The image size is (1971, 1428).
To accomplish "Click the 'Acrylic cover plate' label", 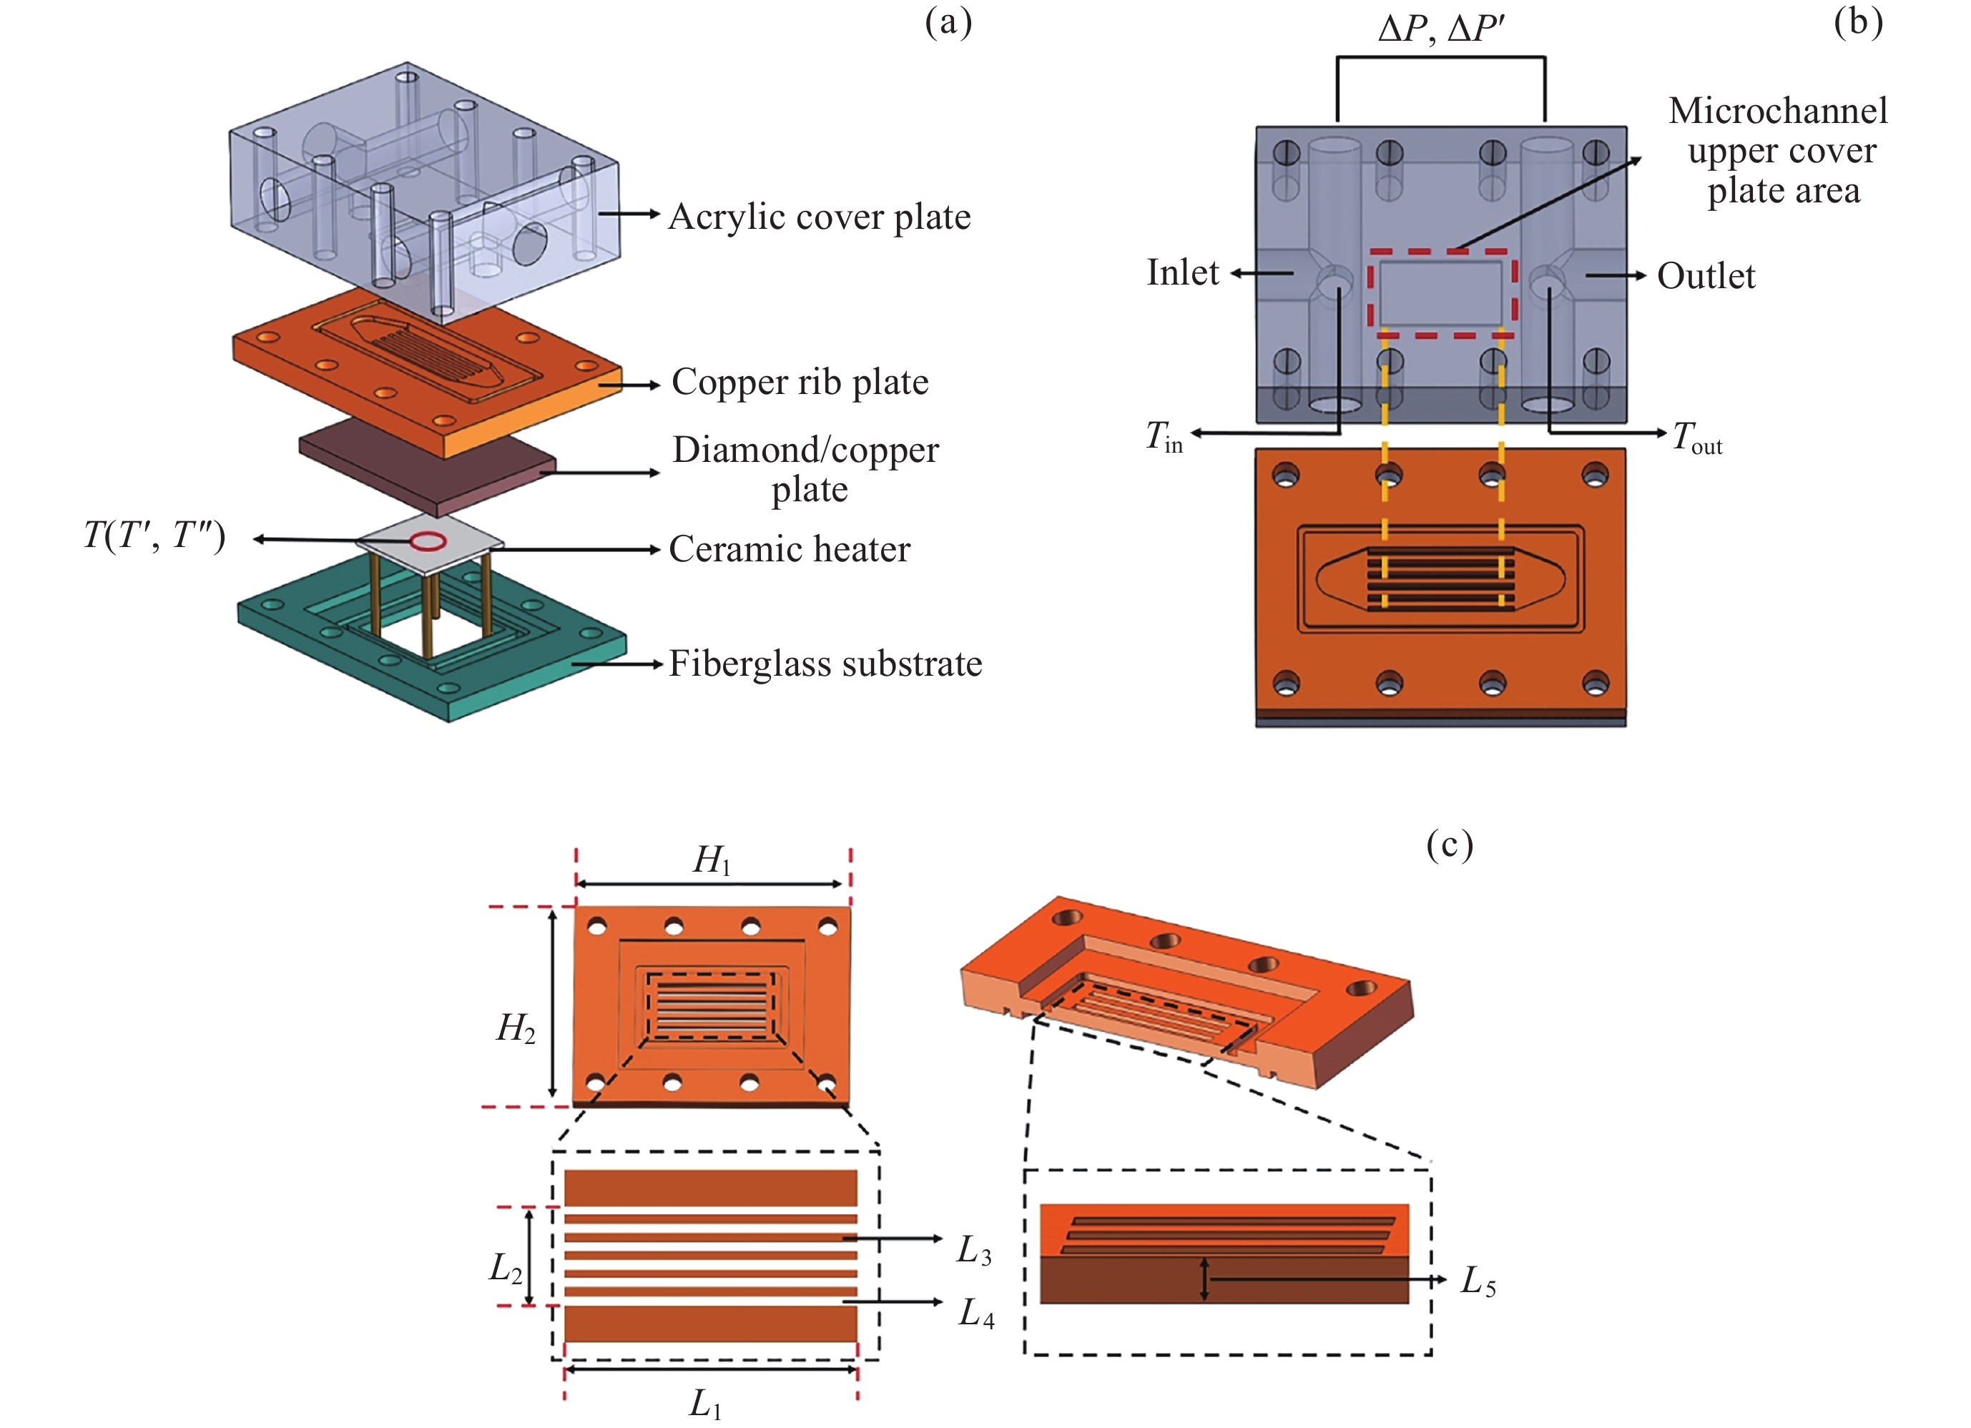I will [819, 217].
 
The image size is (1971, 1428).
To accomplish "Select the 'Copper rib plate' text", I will [800, 382].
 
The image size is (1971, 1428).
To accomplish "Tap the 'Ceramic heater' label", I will [789, 548].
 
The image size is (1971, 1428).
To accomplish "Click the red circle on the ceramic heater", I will [428, 542].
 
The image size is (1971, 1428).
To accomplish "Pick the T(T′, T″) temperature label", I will [154, 536].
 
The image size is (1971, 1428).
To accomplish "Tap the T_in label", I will [1164, 435].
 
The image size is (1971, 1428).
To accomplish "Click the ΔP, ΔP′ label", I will [1440, 29].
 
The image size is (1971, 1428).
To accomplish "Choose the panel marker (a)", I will [948, 23].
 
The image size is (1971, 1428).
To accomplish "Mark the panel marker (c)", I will [1450, 844].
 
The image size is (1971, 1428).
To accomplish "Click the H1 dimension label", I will [712, 860].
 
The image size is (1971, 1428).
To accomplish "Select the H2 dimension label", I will [516, 1028].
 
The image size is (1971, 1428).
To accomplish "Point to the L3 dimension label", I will [974, 1251].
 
